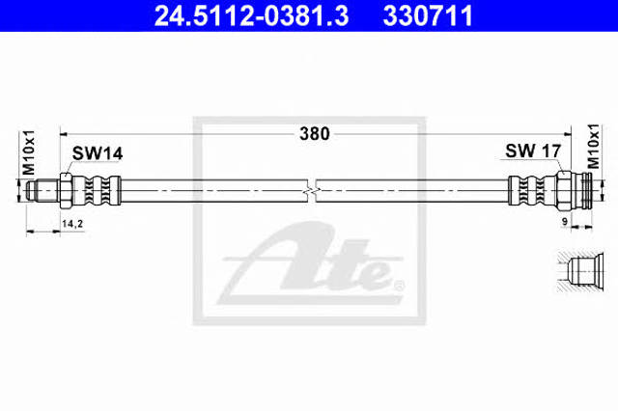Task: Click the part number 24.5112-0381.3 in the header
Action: tap(251, 15)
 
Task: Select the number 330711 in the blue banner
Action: tap(428, 15)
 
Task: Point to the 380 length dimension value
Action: tap(315, 134)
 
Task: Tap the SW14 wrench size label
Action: tap(98, 153)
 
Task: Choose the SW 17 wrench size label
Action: tap(533, 151)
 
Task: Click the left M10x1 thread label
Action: tap(29, 152)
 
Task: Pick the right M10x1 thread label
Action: tap(593, 146)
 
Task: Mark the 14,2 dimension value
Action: tap(72, 224)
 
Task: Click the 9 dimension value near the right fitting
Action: tap(565, 222)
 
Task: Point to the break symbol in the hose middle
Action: tap(311, 191)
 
